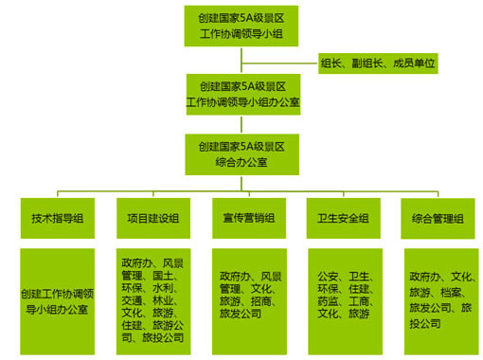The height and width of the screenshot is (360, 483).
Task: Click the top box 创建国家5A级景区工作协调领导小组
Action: click(x=241, y=25)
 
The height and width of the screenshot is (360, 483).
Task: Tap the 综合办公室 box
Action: click(x=241, y=154)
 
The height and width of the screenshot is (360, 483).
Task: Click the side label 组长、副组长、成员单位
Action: click(x=378, y=63)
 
